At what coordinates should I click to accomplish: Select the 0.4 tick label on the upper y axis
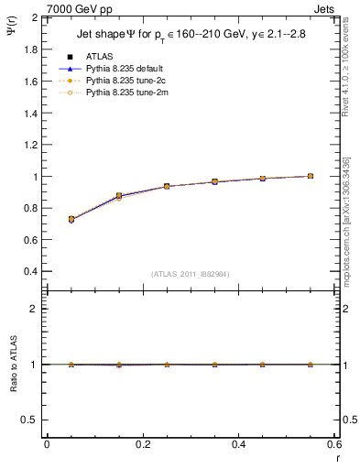tap(30, 272)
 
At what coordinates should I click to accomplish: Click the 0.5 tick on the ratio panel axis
tap(30, 420)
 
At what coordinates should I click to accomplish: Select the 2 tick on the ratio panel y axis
tap(35, 309)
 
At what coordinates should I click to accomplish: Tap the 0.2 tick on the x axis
tap(142, 444)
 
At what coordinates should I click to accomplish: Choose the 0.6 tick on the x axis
tap(333, 444)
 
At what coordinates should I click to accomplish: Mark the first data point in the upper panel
tap(71, 220)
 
